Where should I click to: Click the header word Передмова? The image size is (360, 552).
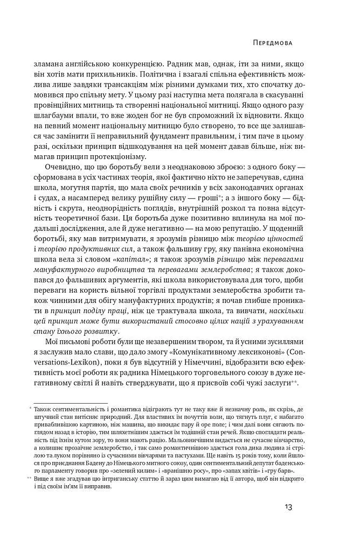pos(276,40)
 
